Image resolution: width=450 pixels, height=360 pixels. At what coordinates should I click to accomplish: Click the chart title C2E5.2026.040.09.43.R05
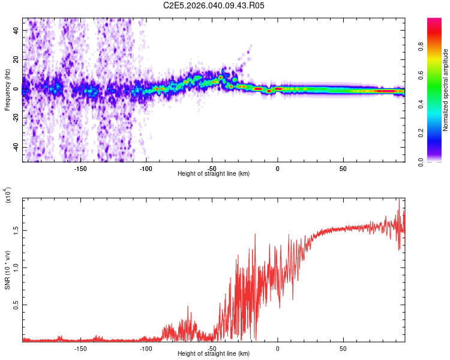click(x=214, y=5)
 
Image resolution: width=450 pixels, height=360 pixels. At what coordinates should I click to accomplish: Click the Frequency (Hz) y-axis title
click(x=8, y=90)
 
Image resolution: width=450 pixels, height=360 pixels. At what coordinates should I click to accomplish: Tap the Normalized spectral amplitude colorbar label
click(x=446, y=91)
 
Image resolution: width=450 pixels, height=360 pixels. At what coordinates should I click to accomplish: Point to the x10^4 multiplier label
click(x=8, y=196)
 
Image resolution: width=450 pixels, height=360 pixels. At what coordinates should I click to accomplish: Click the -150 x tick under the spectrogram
click(x=80, y=168)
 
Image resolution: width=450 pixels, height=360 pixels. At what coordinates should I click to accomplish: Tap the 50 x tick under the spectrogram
click(x=343, y=168)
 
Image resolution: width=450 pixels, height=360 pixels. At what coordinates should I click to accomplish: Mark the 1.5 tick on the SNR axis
click(x=16, y=230)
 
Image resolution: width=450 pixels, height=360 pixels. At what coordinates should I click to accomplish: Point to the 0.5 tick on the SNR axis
click(x=16, y=305)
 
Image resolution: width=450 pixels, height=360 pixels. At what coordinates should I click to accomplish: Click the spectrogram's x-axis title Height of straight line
click(x=214, y=174)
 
